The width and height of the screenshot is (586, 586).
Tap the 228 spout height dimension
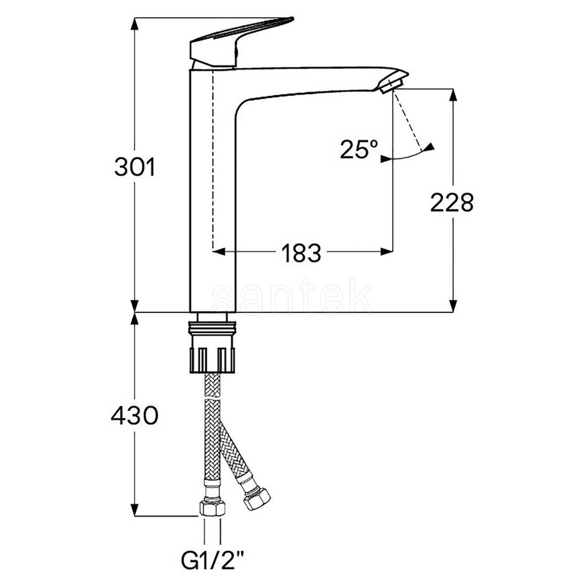pos(452,203)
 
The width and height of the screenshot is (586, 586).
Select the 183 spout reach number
pos(301,253)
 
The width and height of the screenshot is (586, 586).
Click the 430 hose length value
pos(134,415)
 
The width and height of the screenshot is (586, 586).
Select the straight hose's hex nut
pos(212,508)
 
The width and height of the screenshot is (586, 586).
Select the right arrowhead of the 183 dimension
pos(386,252)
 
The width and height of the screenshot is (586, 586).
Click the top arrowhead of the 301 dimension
pos(135,24)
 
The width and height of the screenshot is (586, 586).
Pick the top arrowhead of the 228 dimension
pos(453,95)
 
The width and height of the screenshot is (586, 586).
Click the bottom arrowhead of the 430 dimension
pos(135,510)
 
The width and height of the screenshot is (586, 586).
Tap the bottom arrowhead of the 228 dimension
pos(453,306)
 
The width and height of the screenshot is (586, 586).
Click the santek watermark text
pos(292,298)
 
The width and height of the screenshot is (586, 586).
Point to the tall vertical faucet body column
pos(213,191)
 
